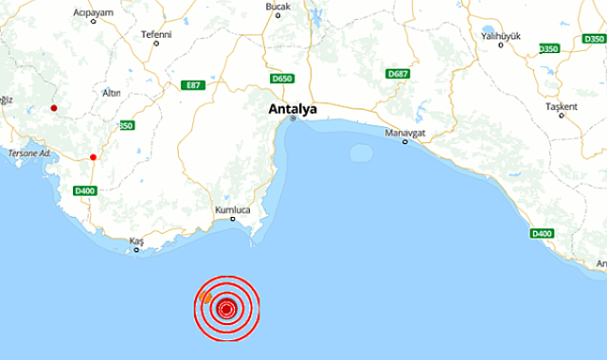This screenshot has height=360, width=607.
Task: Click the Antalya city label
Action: point(294,109)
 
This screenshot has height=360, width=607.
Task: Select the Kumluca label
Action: point(232,208)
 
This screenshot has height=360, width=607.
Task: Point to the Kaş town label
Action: point(136,243)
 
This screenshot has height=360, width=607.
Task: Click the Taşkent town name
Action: point(561,106)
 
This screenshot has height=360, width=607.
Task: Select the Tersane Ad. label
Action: point(29,153)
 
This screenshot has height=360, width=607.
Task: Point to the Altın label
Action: point(111,93)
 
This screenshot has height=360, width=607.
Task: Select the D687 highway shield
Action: point(397,73)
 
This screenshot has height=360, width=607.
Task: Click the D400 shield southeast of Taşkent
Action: point(542,233)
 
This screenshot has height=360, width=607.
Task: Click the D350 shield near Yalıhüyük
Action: point(548,48)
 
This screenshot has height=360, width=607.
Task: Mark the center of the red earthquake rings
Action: point(226,308)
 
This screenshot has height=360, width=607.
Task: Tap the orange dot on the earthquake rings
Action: point(206,297)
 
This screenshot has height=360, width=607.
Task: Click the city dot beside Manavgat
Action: point(405,142)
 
